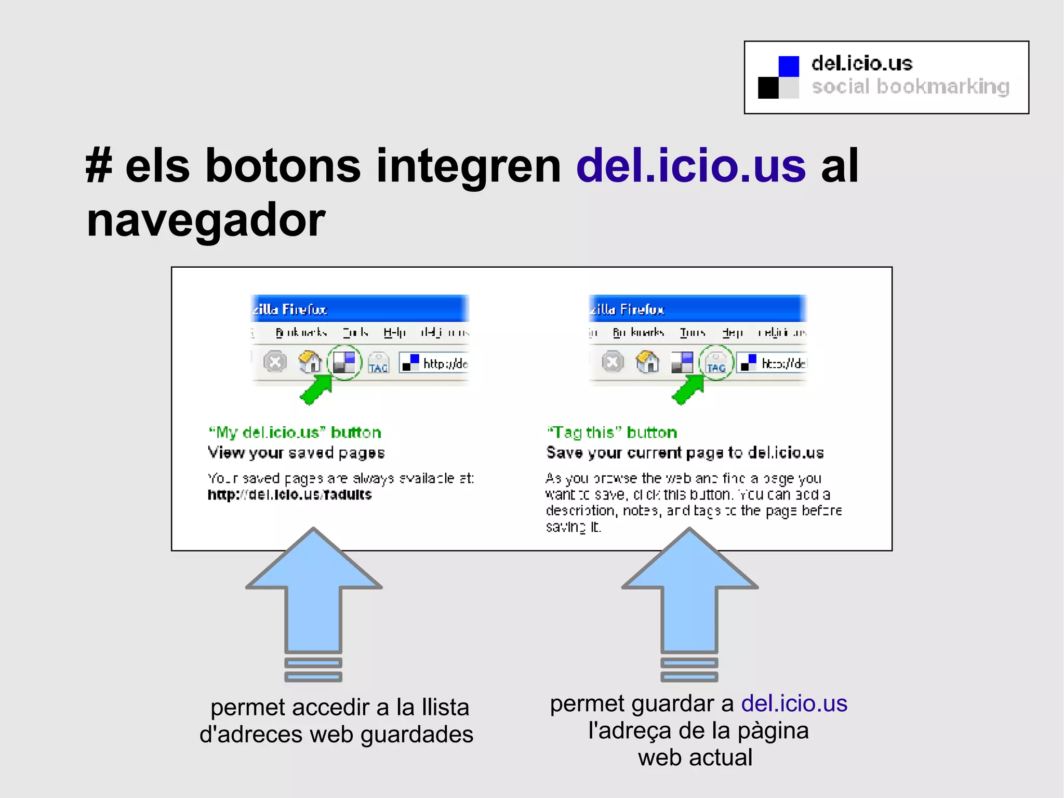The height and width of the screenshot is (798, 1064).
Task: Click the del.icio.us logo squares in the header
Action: coord(778,77)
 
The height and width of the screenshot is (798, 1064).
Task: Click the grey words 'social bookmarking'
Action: coord(910,87)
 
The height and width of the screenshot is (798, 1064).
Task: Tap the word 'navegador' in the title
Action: coord(206,220)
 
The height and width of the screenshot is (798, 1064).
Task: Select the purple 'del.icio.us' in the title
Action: coord(690,166)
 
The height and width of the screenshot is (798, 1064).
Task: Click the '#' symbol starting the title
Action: coord(99,166)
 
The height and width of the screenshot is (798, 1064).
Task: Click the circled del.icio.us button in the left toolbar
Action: coord(344,362)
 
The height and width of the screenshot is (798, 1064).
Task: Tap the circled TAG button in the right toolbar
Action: coord(716,362)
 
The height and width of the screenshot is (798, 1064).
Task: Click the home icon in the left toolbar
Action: coord(310,362)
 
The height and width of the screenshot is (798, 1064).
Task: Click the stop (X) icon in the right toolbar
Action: coord(613,362)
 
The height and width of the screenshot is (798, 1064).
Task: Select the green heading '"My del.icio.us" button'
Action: coord(295,433)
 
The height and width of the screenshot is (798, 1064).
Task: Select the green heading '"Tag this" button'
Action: coord(612,433)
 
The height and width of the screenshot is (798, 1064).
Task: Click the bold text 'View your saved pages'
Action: coord(296,453)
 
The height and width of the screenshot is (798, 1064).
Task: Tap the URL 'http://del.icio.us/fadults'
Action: coord(289,494)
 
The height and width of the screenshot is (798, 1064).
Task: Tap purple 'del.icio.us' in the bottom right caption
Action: coord(794,703)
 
